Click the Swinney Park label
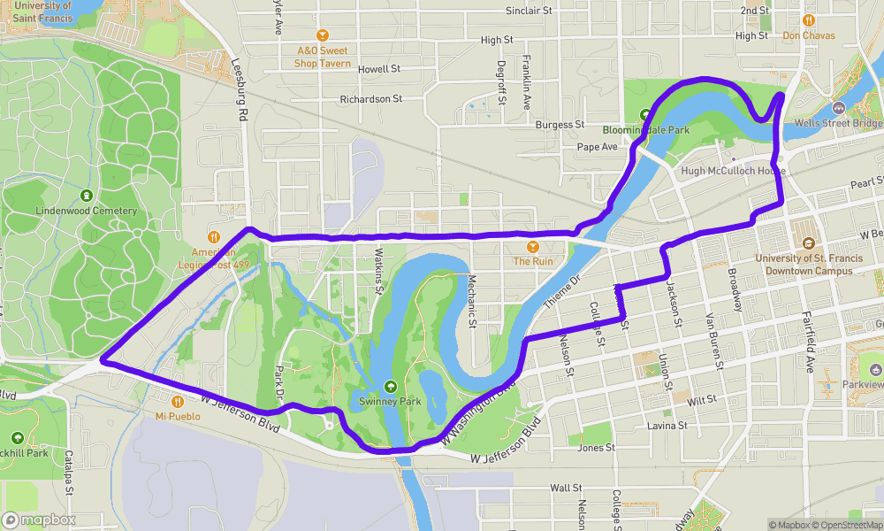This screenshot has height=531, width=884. coord(391,402)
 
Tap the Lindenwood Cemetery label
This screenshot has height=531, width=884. coord(87,212)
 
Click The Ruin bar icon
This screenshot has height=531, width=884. coord(533,246)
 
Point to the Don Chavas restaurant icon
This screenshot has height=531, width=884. coord(808,20)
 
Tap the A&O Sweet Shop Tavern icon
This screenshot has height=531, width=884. coord(323,35)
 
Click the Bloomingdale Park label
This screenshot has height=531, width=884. coord(645,129)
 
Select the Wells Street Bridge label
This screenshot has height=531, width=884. coord(838,123)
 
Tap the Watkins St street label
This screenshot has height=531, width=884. coord(377,271)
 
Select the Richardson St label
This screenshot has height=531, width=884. coord(371,99)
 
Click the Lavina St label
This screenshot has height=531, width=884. coord(667,426)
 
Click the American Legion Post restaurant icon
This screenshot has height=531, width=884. coord(213,236)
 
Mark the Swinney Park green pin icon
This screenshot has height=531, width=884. coord(391,386)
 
